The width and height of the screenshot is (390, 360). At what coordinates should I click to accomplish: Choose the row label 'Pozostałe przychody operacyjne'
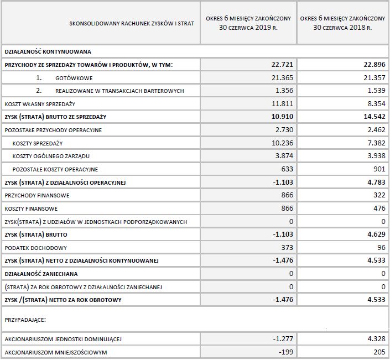[53, 130]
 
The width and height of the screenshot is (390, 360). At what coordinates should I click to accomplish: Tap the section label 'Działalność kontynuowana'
[44, 51]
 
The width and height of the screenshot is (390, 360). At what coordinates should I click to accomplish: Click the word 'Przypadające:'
[25, 319]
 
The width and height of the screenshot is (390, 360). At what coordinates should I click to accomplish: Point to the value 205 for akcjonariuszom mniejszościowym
[378, 352]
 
